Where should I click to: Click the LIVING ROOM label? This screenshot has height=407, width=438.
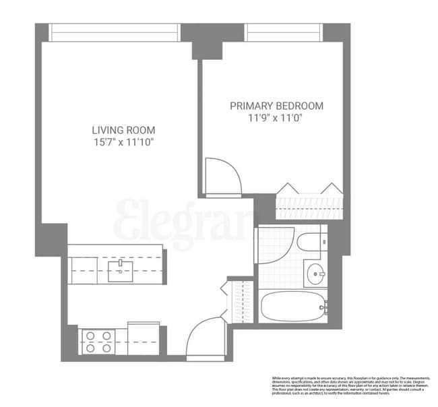[x=123, y=129]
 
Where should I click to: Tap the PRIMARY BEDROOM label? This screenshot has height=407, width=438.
[x=276, y=106]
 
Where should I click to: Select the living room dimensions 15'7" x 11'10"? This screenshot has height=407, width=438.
[x=123, y=143]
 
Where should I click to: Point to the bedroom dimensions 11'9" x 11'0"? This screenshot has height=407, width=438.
[x=276, y=119]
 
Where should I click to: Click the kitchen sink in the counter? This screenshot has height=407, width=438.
[x=120, y=271]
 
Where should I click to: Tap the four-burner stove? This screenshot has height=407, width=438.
[x=96, y=341]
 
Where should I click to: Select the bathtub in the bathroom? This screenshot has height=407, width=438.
[x=292, y=307]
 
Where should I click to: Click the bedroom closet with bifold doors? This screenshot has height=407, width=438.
[x=309, y=201]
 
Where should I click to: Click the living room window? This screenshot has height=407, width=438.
[x=115, y=32]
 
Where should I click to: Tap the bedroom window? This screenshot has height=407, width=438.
[x=283, y=32]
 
